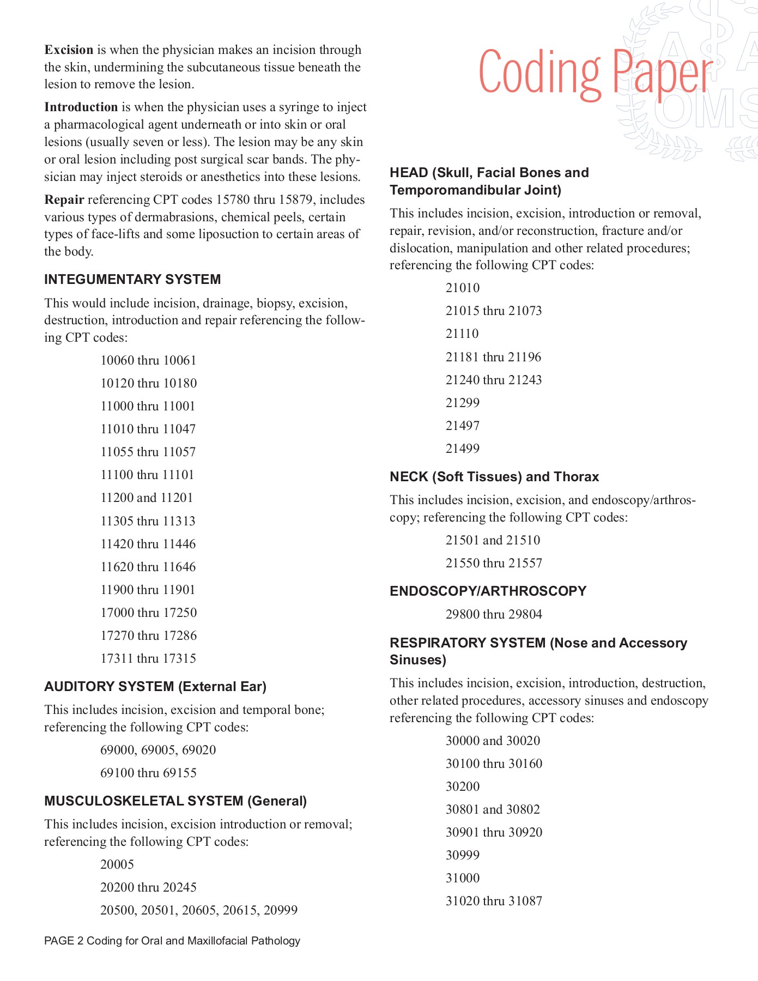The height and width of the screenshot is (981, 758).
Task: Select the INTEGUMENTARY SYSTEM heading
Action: click(132, 280)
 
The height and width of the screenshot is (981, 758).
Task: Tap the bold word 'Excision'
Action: click(69, 50)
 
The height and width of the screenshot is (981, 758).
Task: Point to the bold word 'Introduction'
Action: click(81, 107)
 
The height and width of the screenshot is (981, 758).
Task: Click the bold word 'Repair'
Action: click(64, 200)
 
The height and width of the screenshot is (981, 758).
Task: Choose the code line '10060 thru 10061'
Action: click(148, 361)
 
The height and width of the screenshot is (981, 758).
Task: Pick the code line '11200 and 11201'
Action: click(147, 498)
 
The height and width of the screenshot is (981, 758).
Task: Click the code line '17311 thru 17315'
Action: click(148, 659)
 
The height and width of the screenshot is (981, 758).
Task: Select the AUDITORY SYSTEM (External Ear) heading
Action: click(155, 687)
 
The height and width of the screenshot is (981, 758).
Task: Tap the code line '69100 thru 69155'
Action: click(148, 773)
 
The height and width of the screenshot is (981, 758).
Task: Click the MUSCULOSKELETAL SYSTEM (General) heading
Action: click(175, 801)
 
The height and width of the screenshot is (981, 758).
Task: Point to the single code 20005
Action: click(117, 865)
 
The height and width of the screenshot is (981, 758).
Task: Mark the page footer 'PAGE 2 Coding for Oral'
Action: click(172, 941)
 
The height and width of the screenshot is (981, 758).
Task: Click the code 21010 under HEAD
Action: click(463, 288)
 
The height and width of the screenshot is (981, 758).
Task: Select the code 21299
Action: click(463, 403)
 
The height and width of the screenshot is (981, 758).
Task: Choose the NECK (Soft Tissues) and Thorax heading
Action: click(494, 477)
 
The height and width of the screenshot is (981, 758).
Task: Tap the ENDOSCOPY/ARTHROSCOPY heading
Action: click(488, 591)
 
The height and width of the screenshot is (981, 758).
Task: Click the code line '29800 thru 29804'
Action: click(494, 615)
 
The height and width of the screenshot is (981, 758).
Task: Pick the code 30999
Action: click(463, 856)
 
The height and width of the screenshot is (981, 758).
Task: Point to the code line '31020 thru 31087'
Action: click(494, 901)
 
